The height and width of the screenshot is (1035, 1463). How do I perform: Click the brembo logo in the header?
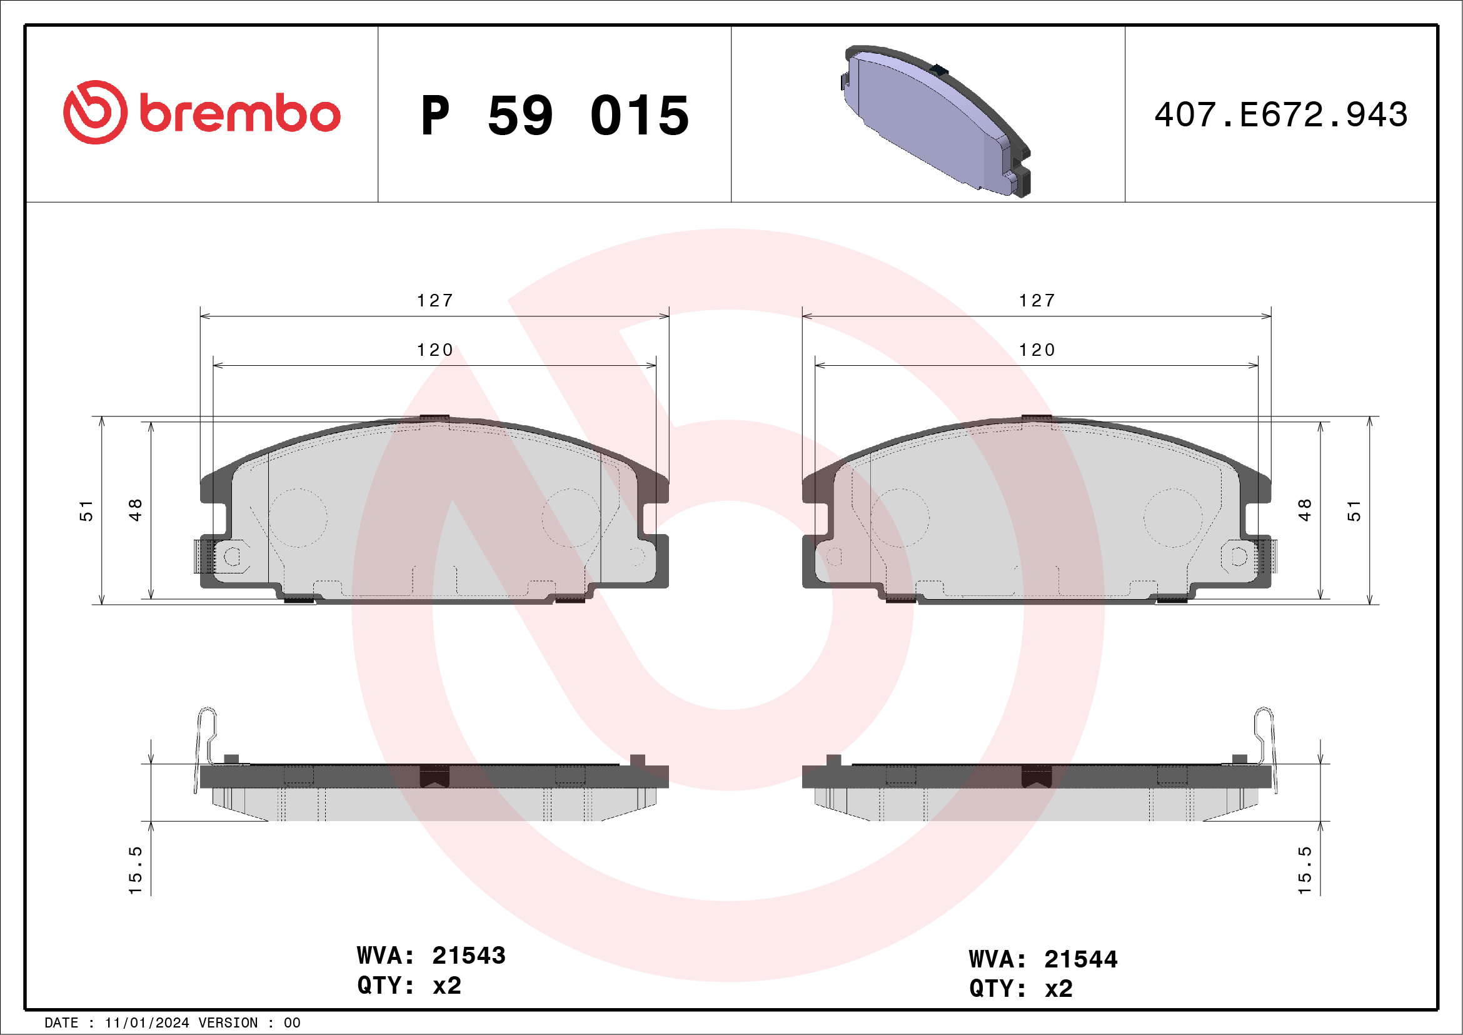(201, 113)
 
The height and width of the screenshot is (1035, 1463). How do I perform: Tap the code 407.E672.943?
(1280, 115)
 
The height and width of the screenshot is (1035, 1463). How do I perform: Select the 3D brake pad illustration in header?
(933, 121)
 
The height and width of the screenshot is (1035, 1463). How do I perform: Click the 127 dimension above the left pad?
(435, 300)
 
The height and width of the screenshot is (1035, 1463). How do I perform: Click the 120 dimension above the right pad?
(1037, 350)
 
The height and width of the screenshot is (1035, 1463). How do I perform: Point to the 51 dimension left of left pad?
(86, 510)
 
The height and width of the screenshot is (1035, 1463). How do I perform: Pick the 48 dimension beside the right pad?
(1304, 510)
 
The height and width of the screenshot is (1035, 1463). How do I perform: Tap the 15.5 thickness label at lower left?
(135, 870)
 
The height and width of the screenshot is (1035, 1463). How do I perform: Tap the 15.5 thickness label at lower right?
(1304, 870)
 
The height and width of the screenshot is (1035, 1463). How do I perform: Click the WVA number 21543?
(468, 956)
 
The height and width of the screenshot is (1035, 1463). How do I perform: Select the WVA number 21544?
(1081, 959)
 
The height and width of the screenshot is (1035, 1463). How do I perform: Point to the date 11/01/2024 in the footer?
(146, 1023)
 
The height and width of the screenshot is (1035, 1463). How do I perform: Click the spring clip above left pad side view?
(206, 739)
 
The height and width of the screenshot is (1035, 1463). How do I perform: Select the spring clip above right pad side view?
(1264, 739)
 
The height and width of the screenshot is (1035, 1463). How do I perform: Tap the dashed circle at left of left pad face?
(298, 518)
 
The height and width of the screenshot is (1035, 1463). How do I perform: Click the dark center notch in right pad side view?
(1036, 775)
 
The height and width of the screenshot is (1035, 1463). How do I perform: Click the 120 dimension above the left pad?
(435, 350)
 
